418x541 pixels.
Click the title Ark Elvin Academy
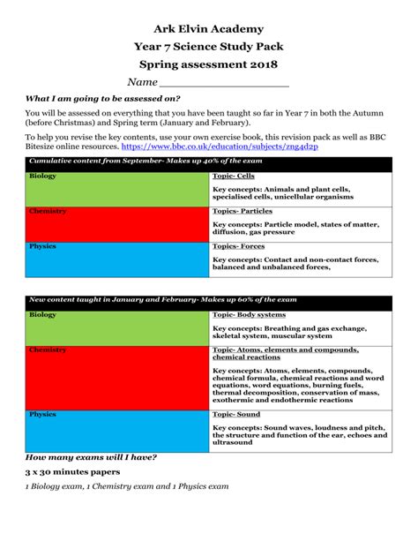[x=209, y=29]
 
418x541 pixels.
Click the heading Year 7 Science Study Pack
[x=209, y=47]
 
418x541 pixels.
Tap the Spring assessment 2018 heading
[x=209, y=64]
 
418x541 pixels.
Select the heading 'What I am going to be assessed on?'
[x=103, y=99]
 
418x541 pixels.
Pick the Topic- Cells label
[x=234, y=177]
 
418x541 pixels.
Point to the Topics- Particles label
[x=243, y=212]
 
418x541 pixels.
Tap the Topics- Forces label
[x=238, y=246]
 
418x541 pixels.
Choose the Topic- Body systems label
[x=249, y=315]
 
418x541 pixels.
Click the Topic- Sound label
[x=236, y=414]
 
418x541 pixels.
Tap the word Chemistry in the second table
[x=48, y=350]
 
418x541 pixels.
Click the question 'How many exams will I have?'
[x=92, y=456]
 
